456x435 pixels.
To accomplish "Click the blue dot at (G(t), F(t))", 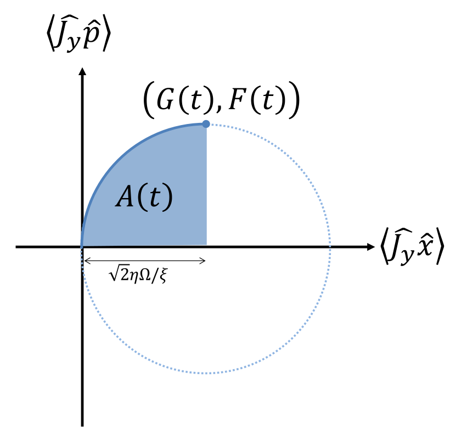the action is click(206, 124).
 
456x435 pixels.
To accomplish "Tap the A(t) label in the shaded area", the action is click(144, 197).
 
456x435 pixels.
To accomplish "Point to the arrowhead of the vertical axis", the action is click(83, 71).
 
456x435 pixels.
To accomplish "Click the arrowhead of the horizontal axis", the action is click(371, 247).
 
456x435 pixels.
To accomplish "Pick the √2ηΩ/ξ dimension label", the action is click(138, 274).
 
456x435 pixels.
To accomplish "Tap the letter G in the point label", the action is click(166, 100).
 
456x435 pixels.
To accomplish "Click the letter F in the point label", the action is click(237, 100).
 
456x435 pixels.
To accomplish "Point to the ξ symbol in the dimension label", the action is click(164, 275).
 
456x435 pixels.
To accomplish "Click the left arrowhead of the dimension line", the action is click(86, 261).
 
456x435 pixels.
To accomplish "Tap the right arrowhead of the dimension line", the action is click(203, 261).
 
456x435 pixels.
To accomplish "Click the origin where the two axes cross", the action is click(83, 247).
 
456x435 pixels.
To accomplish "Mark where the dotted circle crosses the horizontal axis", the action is click(330, 247).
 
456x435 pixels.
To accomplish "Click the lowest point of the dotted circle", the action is click(206, 373).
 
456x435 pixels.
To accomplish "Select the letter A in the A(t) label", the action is click(125, 197).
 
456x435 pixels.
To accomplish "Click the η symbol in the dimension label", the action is click(133, 276).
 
